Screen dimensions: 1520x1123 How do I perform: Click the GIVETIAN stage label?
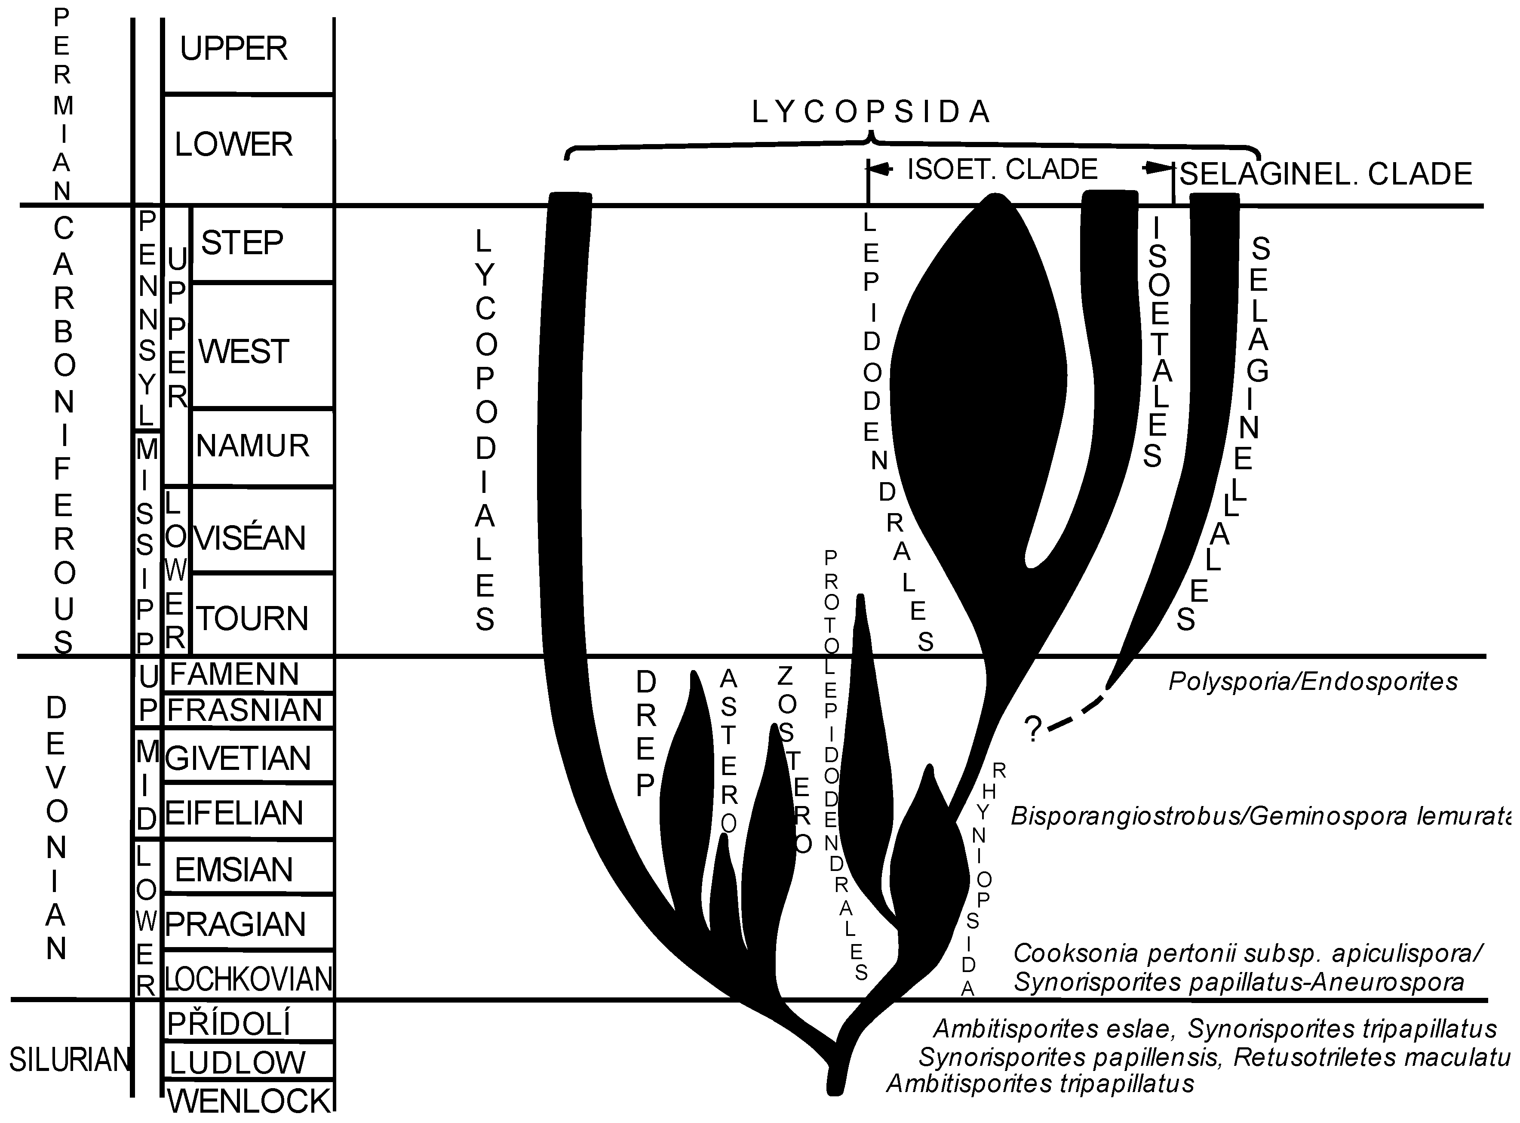[238, 758]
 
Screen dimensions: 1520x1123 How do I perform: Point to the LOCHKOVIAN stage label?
[249, 979]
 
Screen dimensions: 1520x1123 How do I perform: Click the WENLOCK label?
[249, 1101]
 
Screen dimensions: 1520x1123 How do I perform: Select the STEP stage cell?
[243, 243]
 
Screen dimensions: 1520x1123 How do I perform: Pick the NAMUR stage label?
[253, 446]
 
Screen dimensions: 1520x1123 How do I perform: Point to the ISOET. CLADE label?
[1002, 169]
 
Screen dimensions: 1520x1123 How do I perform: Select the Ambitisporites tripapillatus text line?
[1040, 1083]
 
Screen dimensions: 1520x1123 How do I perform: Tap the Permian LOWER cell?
[234, 144]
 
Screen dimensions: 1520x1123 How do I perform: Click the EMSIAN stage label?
[234, 869]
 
